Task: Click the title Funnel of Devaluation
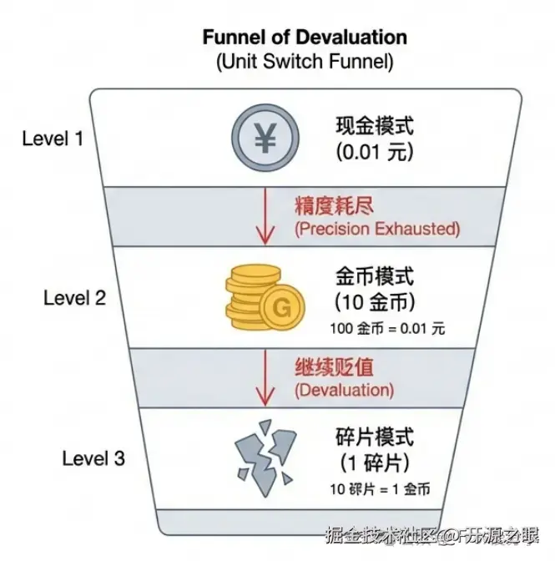304,38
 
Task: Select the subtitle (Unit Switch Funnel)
304,61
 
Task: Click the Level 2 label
75,297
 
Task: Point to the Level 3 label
93,457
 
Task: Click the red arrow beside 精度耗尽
263,215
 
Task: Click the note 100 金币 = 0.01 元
388,328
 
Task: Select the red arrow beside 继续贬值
263,377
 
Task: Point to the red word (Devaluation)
343,389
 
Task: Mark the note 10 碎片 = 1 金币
386,489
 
